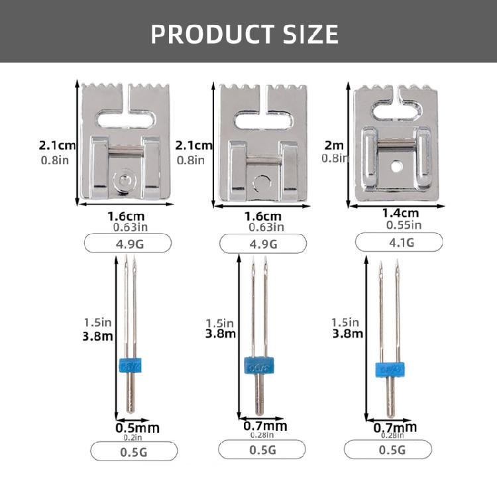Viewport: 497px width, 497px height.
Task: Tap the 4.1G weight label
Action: (x=399, y=243)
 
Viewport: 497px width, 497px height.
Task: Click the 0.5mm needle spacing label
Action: (x=138, y=428)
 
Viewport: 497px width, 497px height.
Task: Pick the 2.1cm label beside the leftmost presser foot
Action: (x=58, y=145)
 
